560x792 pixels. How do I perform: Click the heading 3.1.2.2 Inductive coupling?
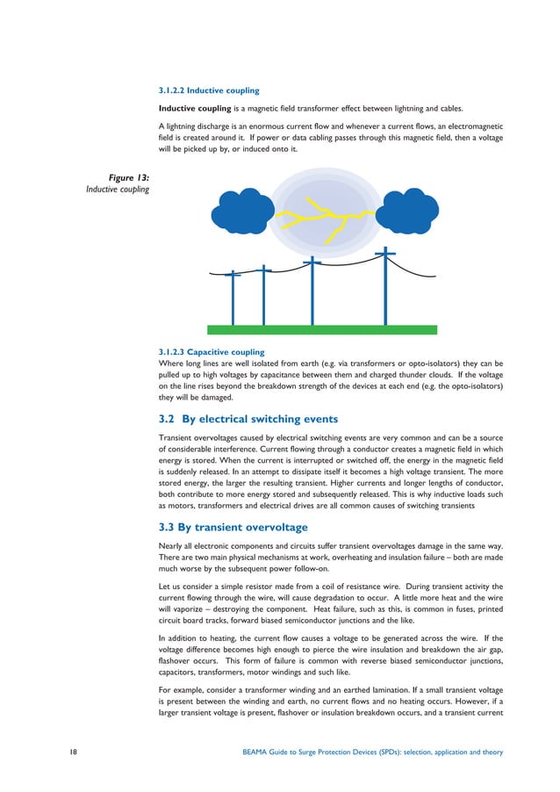tap(208, 90)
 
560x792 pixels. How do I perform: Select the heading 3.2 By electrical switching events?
tap(248, 418)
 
